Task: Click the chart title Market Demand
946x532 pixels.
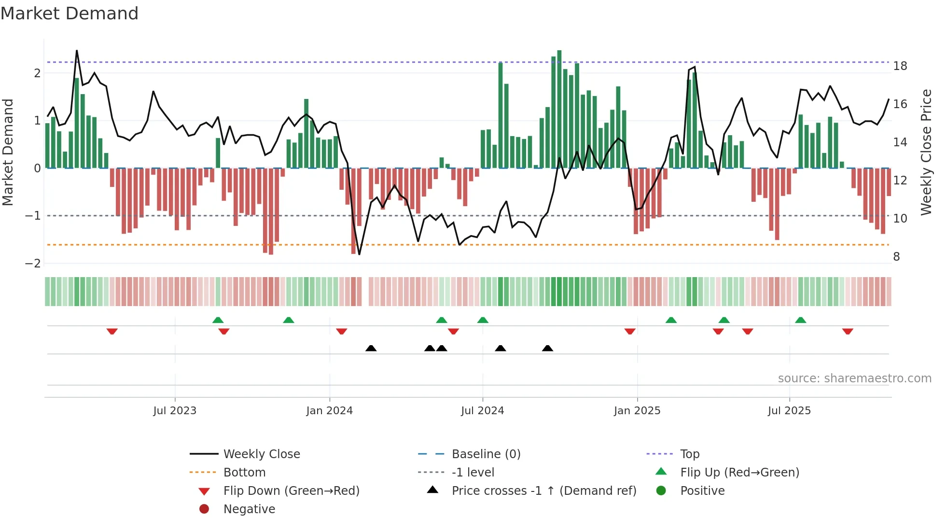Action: [x=70, y=14]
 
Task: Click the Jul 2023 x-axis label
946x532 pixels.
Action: [x=175, y=411]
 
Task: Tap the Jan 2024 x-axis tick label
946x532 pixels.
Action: [x=330, y=411]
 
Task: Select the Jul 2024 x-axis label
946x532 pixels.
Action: [x=482, y=411]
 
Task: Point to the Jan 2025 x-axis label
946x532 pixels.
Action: [x=637, y=411]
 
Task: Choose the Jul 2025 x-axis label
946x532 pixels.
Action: [x=789, y=411]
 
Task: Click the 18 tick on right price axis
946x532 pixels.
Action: [x=900, y=66]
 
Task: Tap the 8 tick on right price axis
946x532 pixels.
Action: [x=896, y=257]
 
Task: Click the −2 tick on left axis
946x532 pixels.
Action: [x=33, y=264]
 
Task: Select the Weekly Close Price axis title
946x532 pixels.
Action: [x=926, y=152]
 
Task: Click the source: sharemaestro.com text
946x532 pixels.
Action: [x=854, y=378]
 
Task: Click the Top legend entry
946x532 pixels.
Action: [x=689, y=454]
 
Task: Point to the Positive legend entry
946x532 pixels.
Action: [x=702, y=491]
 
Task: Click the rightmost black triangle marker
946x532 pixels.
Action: [x=547, y=349]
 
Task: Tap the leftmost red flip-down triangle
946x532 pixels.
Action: [x=112, y=331]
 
